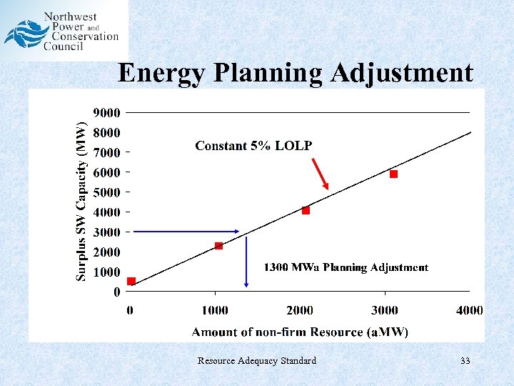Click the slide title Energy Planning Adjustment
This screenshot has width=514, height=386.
[x=295, y=73]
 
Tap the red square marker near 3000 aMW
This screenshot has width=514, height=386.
[x=393, y=174]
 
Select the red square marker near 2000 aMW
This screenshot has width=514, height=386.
[x=306, y=210]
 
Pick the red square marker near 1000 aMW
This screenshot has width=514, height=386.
[x=218, y=246]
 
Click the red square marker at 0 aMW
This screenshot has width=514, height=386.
[x=131, y=281]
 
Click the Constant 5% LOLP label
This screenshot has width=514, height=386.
[x=253, y=146]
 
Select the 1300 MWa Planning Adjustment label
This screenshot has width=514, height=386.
[x=346, y=267]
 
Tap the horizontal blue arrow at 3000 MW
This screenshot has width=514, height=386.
[x=187, y=231]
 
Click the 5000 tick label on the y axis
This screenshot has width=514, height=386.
[x=107, y=192]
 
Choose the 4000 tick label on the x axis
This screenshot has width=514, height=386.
[x=470, y=310]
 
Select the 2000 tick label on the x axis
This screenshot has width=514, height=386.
[x=300, y=310]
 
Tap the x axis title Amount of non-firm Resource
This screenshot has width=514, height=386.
[x=300, y=332]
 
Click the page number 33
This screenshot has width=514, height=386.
[x=465, y=361]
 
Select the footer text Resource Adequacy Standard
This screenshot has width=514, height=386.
[x=257, y=361]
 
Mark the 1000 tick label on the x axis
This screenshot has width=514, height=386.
[x=215, y=310]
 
